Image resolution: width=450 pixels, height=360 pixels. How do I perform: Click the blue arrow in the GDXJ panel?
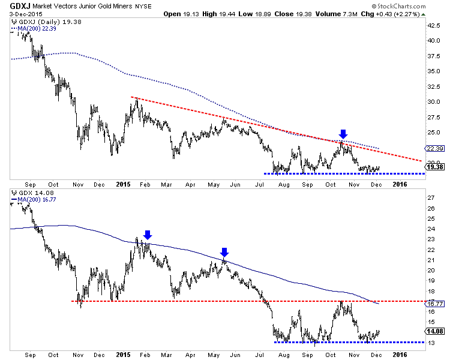pyautogui.click(x=343, y=133)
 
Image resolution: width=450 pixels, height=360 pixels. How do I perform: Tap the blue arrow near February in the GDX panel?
pyautogui.click(x=148, y=235)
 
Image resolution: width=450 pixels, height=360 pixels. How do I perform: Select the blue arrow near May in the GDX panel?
pyautogui.click(x=224, y=251)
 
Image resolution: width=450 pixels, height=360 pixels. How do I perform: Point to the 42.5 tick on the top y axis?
pyautogui.click(x=434, y=26)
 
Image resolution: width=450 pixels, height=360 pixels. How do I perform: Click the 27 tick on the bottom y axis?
pyautogui.click(x=431, y=197)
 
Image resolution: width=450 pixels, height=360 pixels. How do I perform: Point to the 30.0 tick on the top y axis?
pyautogui.click(x=434, y=102)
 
